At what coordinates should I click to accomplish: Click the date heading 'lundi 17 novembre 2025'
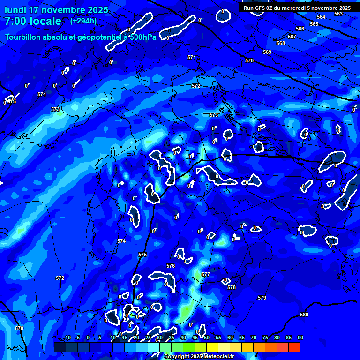56,10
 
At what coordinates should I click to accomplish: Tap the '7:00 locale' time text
33,21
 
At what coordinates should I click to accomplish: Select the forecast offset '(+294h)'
83,21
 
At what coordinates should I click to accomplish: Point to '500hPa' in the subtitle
142,37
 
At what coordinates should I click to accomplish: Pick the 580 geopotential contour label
304,315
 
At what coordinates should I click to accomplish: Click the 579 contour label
262,298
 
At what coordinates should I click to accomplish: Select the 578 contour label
232,287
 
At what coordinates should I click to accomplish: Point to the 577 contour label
206,274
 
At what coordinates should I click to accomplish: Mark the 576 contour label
171,266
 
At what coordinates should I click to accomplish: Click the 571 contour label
192,57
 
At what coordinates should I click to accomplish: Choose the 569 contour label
267,52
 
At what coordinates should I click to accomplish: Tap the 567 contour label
292,37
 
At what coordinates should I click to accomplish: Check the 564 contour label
321,17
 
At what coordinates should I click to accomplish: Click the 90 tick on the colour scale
300,337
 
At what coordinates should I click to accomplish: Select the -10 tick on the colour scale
67,337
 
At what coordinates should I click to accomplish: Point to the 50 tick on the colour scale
207,337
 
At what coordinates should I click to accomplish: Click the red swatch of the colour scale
294,347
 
